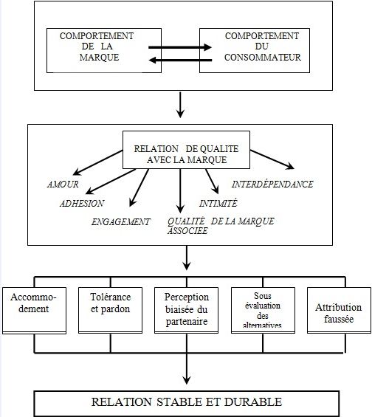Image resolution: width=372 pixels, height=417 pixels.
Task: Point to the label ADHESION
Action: point(83,202)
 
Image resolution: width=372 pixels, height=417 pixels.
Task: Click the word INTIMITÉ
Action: point(218,202)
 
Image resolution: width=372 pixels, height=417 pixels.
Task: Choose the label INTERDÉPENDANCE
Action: point(272,184)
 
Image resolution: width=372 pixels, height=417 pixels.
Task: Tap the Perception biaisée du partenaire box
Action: point(187,309)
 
